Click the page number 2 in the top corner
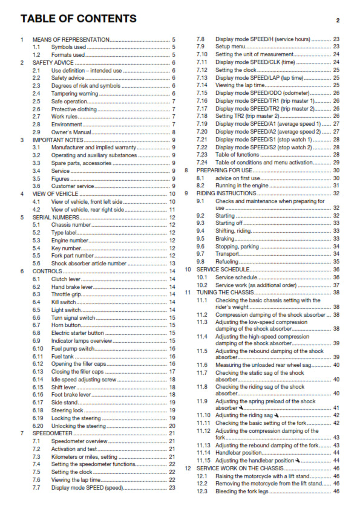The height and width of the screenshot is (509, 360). click(338, 21)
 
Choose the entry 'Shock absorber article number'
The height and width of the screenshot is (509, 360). click(89, 264)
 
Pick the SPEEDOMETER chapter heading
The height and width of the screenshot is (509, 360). click(53, 433)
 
